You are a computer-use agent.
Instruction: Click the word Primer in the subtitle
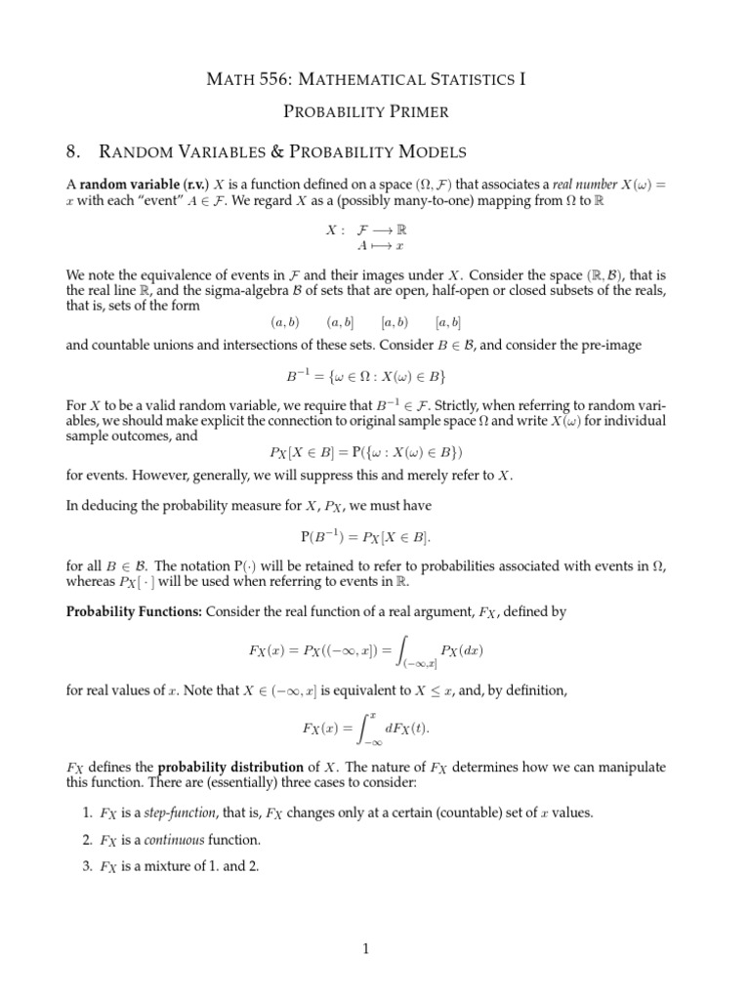[x=414, y=111]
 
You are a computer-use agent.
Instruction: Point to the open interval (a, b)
[x=284, y=321]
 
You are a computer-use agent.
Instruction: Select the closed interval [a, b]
[x=448, y=321]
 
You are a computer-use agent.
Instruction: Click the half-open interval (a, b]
[x=340, y=321]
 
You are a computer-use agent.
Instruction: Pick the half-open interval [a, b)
[x=395, y=321]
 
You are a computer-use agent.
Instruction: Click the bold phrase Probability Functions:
[x=126, y=611]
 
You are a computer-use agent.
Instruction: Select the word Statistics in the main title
[x=475, y=79]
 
